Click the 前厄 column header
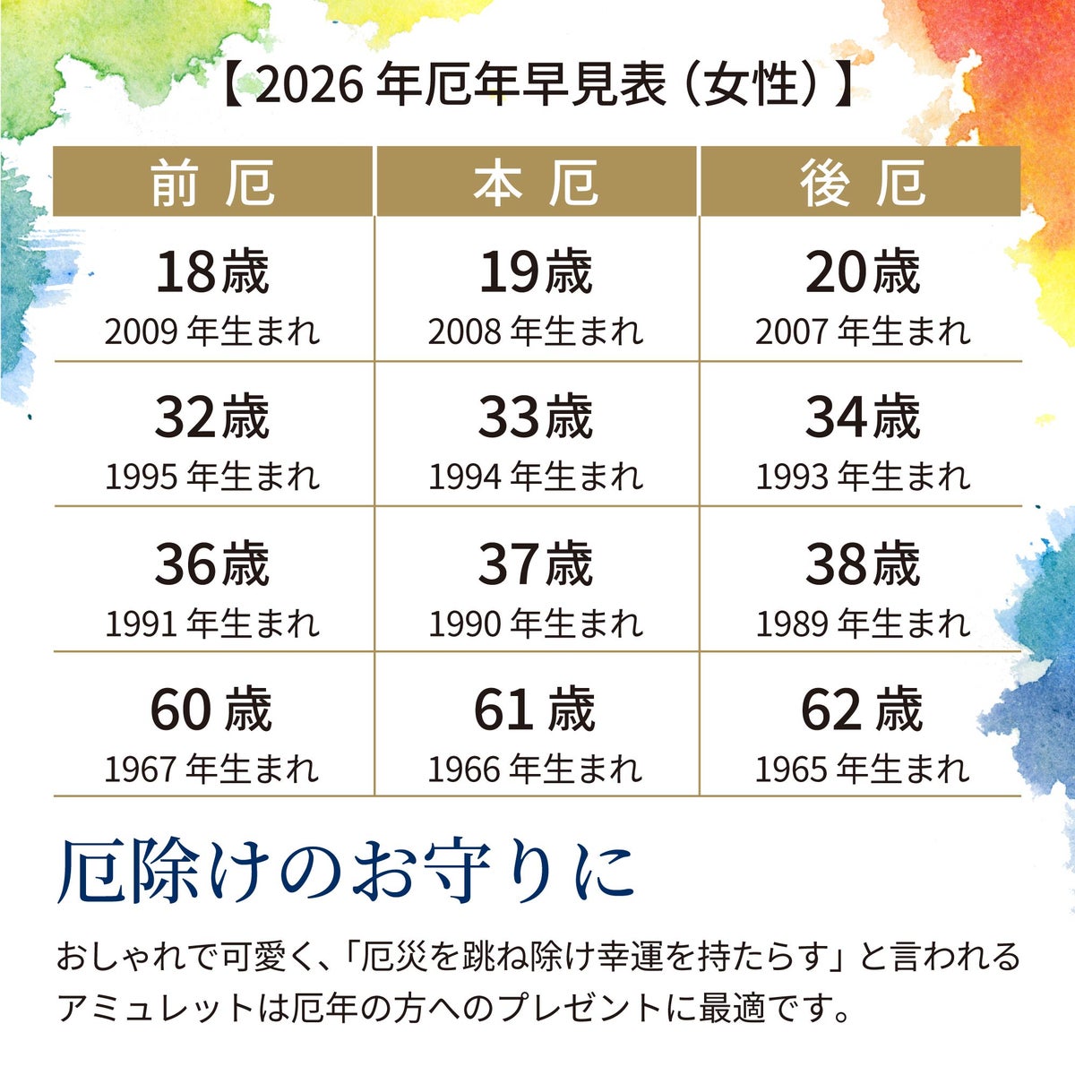pyautogui.click(x=212, y=183)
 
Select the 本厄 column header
pyautogui.click(x=536, y=183)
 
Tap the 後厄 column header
pyautogui.click(x=862, y=183)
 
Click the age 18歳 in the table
pyautogui.click(x=212, y=272)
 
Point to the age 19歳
pyautogui.click(x=536, y=272)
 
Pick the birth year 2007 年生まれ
pyautogui.click(x=862, y=332)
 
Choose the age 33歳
pyautogui.click(x=536, y=417)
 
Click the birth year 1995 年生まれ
pyautogui.click(x=212, y=477)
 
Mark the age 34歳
pyautogui.click(x=862, y=417)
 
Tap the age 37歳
pyautogui.click(x=536, y=564)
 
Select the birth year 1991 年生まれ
pyautogui.click(x=212, y=623)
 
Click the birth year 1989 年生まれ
pyautogui.click(x=862, y=623)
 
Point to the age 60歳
pyautogui.click(x=211, y=709)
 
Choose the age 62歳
pyautogui.click(x=862, y=709)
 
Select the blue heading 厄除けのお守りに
pyautogui.click(x=347, y=871)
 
